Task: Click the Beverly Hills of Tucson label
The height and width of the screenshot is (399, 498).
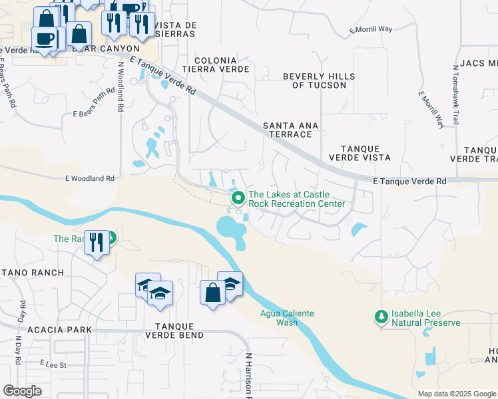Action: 314,80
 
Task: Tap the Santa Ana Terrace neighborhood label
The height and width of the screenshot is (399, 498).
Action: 287,130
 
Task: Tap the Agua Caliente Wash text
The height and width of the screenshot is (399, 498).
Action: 286,318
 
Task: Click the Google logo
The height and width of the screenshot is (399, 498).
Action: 23,390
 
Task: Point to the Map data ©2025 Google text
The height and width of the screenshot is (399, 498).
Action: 457,394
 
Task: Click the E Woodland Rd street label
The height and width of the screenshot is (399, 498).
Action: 90,178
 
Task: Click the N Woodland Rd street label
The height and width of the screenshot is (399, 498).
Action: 121,86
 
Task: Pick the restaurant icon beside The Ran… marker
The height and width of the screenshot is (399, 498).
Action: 96,243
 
